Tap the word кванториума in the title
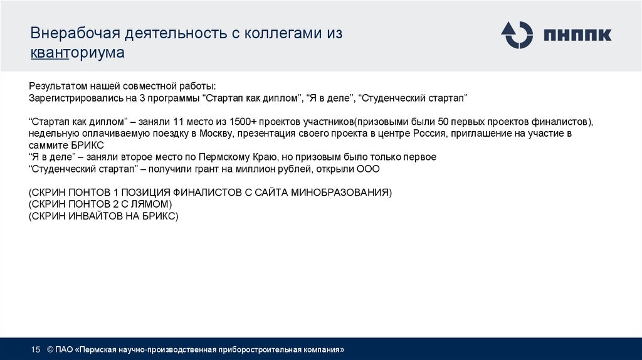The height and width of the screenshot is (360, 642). point(78,53)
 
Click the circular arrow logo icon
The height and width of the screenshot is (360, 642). point(517,34)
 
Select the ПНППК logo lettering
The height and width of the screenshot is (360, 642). point(577,34)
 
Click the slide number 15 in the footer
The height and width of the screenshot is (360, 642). point(35,349)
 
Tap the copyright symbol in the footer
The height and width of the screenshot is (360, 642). point(50,349)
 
